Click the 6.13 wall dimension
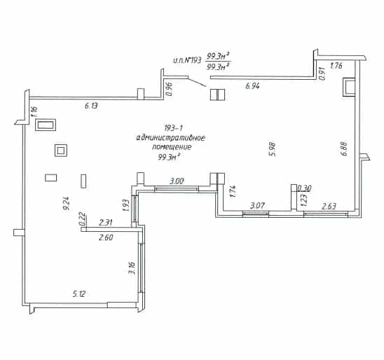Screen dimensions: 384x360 point(91,106)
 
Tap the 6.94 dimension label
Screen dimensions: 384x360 point(252,86)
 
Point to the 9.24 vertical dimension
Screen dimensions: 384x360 point(67,203)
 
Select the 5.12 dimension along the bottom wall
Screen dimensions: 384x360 point(79,294)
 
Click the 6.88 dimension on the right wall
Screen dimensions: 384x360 point(344,148)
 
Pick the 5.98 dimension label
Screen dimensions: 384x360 point(273,149)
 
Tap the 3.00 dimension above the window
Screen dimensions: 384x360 point(177,181)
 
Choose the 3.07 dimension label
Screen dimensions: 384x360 point(257,205)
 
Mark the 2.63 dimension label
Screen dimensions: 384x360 point(329,207)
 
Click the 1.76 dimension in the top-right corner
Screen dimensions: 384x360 point(336,66)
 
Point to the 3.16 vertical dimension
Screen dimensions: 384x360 point(132,268)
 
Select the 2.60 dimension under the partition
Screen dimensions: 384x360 point(106,237)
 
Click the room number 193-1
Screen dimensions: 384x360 point(173,127)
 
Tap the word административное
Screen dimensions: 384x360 point(171,138)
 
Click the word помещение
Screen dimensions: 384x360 point(172,147)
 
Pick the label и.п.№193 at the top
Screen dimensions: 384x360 point(187,60)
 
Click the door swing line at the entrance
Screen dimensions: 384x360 point(197,82)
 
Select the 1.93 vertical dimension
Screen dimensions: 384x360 point(125,205)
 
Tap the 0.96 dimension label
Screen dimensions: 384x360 point(169,89)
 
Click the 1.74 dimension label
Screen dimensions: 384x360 point(233,191)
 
